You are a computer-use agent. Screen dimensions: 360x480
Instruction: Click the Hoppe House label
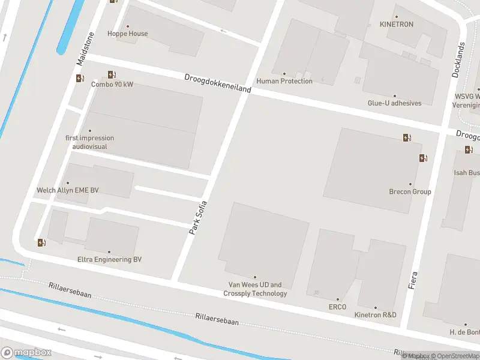[127, 34]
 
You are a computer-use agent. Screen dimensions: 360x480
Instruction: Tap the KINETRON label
[397, 25]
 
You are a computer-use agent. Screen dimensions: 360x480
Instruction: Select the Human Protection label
[284, 81]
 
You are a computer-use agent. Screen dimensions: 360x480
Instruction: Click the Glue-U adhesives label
[394, 103]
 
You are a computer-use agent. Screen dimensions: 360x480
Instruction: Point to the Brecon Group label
[410, 192]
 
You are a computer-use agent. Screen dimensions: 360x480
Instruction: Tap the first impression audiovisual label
[89, 142]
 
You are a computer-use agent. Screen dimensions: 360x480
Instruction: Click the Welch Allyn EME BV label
[68, 190]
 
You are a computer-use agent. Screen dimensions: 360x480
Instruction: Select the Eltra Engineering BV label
[109, 260]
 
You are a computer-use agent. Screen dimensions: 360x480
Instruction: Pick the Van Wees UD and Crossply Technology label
[255, 289]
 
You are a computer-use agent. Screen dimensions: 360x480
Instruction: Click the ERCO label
[337, 307]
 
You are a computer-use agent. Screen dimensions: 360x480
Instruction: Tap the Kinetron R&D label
[376, 315]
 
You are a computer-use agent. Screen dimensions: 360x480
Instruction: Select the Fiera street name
[412, 281]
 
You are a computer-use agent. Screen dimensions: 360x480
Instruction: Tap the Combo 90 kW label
[112, 85]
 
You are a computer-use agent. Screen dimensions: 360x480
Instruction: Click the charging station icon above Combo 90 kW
[112, 74]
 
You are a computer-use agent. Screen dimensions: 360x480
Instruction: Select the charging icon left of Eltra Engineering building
[41, 242]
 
